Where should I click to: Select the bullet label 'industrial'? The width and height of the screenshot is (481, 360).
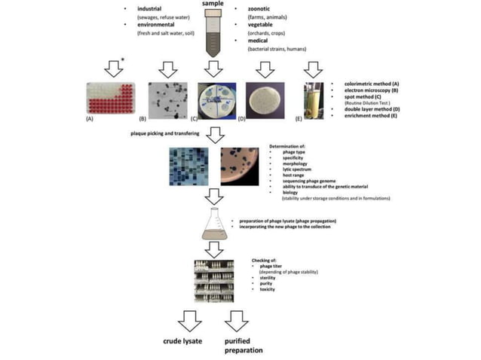coord(151,9)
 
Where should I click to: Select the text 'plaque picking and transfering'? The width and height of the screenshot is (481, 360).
coord(163,133)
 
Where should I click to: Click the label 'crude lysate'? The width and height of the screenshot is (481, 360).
coord(184,341)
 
